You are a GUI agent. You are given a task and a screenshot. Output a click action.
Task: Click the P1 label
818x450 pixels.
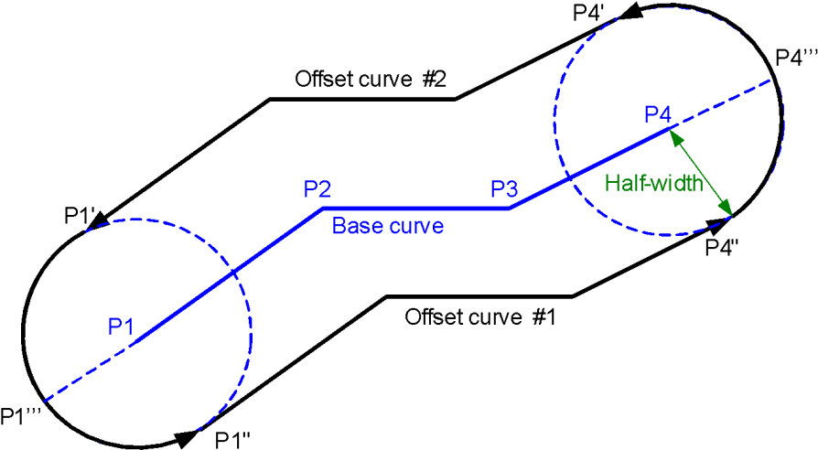click(x=121, y=326)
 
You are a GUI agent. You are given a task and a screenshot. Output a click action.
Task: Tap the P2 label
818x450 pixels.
click(x=318, y=189)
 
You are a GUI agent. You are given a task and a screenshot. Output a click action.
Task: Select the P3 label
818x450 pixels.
click(x=504, y=189)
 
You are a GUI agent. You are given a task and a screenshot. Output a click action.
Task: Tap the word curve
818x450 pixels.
click(x=415, y=226)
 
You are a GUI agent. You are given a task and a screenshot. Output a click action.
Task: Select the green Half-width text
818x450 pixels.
click(x=654, y=183)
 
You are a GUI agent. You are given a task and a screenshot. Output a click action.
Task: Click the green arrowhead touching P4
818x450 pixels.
click(x=675, y=137)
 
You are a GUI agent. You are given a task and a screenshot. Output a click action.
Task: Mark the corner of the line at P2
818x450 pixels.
click(x=321, y=209)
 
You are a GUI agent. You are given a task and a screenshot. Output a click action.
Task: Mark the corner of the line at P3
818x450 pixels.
click(x=509, y=209)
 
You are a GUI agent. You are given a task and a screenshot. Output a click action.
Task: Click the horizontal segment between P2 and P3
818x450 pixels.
click(x=414, y=209)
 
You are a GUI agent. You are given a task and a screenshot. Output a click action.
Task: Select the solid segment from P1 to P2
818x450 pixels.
click(x=274, y=241)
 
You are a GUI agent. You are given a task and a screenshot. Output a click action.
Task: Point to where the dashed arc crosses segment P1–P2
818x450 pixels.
click(x=234, y=271)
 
